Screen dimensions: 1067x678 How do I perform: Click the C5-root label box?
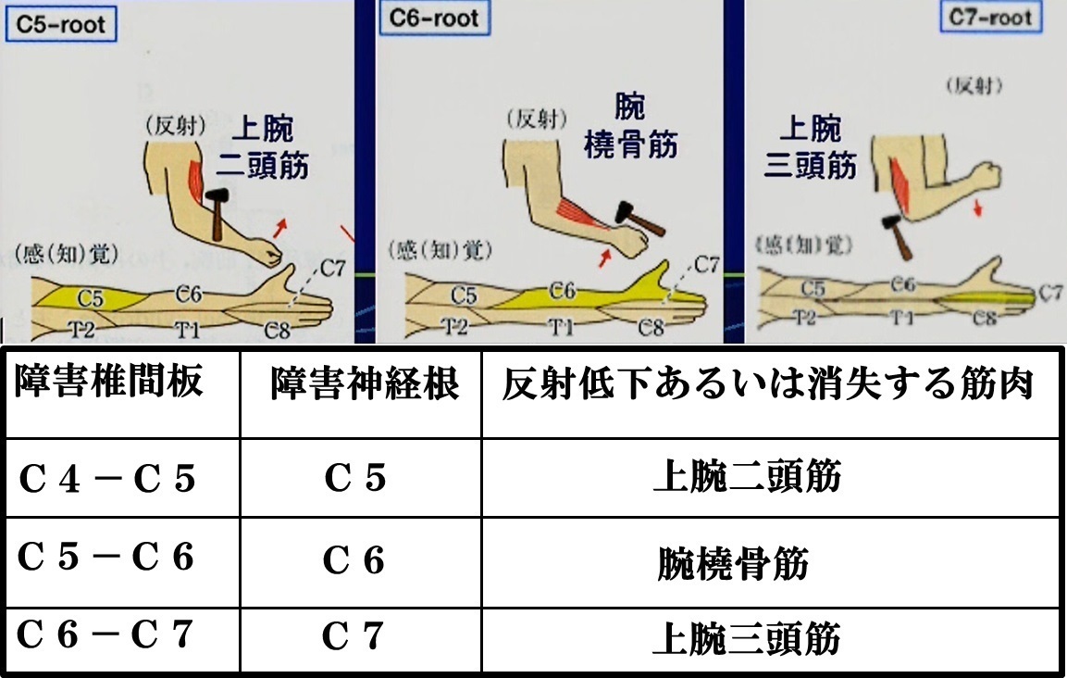click(x=60, y=24)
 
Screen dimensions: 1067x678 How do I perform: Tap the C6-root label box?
click(x=434, y=19)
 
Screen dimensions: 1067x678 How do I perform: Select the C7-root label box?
click(x=991, y=17)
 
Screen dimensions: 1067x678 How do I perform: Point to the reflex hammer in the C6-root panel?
click(x=639, y=219)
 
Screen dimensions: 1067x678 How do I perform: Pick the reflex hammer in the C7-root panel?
click(x=896, y=236)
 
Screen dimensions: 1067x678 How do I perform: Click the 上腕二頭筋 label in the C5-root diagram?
click(x=263, y=146)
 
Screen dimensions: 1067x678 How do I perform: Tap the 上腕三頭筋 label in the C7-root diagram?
click(x=810, y=146)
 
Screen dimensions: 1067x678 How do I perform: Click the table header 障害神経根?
click(x=365, y=383)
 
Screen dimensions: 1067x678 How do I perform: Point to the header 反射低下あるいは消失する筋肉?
click(x=768, y=383)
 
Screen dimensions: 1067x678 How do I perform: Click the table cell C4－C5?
click(x=106, y=478)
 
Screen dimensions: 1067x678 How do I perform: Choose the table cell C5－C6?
click(x=105, y=557)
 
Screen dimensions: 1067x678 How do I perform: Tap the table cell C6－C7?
click(x=105, y=634)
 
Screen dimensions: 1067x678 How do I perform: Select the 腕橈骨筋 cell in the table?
click(x=733, y=563)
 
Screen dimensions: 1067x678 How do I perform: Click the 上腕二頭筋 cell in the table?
click(x=747, y=476)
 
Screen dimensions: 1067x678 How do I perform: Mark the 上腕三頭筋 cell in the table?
click(x=747, y=638)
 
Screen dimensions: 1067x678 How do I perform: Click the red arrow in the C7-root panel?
click(x=978, y=207)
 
